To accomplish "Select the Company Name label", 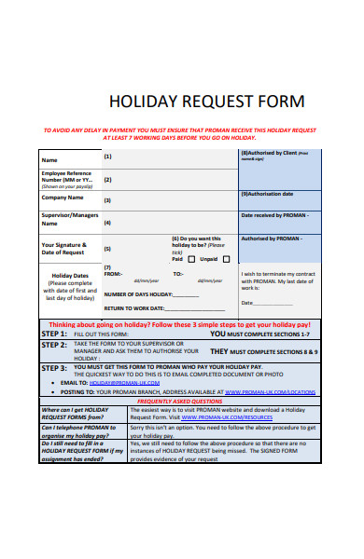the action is point(63,198).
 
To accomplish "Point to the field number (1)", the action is point(107,157).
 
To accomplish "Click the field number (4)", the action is point(107,223).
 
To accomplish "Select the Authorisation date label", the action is point(268,194).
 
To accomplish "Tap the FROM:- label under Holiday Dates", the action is point(113,274).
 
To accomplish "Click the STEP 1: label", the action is point(53,333).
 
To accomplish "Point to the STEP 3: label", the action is point(53,368).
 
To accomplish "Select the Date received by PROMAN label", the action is point(274,215).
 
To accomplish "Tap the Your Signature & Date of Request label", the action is point(63,249).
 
